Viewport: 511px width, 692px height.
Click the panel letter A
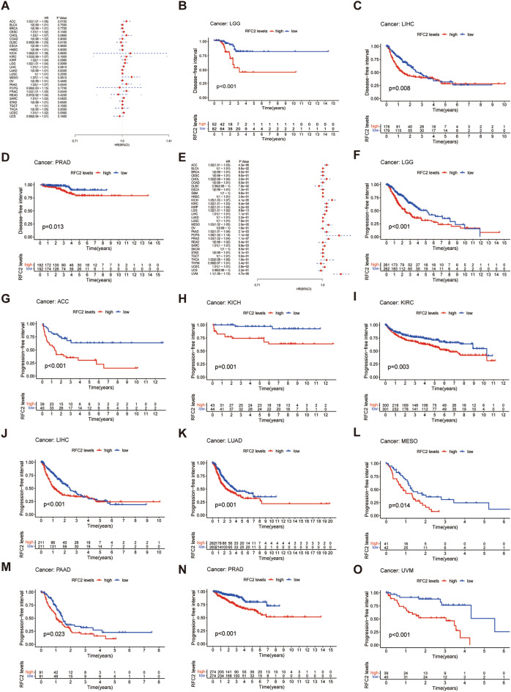pos(6,5)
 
